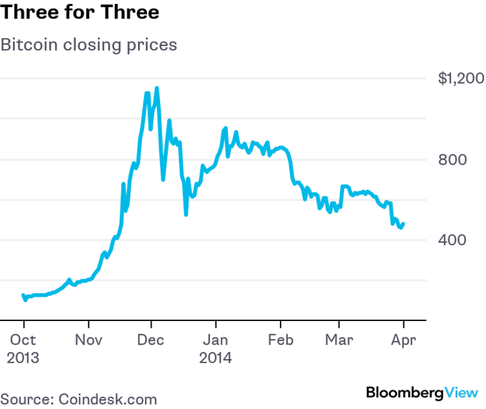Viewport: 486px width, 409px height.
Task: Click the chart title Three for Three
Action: pyautogui.click(x=79, y=12)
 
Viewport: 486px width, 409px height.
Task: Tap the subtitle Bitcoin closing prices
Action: pyautogui.click(x=89, y=45)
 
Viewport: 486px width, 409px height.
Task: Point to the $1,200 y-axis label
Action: pyautogui.click(x=460, y=79)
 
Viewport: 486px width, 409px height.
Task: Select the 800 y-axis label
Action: pyautogui.click(x=451, y=160)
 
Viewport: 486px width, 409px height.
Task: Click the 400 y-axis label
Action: pyautogui.click(x=451, y=240)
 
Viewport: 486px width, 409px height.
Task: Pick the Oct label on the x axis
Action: pyautogui.click(x=23, y=341)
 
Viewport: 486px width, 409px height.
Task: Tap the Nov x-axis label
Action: pyautogui.click(x=88, y=341)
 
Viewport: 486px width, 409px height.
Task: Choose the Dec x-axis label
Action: pyautogui.click(x=151, y=341)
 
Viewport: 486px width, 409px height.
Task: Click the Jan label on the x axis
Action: pyautogui.click(x=215, y=341)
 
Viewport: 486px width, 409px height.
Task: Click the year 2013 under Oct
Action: pyautogui.click(x=24, y=358)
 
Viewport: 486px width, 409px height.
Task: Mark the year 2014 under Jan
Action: pyautogui.click(x=216, y=358)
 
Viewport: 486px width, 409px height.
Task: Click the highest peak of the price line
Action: pyautogui.click(x=156, y=88)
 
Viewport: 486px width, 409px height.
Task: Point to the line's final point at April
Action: pyautogui.click(x=403, y=224)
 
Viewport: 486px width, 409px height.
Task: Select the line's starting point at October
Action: pyautogui.click(x=23, y=295)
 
